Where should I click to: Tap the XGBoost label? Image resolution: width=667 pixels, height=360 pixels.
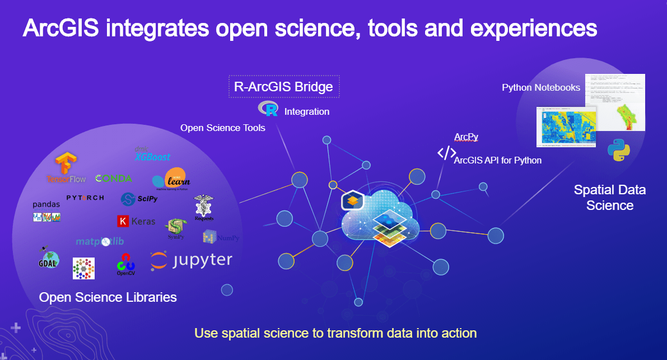click(x=152, y=156)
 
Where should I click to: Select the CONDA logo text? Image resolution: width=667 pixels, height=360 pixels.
click(x=114, y=179)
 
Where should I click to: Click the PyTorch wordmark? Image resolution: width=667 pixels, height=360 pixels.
click(x=85, y=198)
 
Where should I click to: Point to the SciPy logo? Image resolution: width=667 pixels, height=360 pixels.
click(x=139, y=199)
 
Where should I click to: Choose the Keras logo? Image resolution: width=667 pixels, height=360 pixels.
click(x=136, y=221)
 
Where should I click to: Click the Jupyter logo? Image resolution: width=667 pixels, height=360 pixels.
click(x=191, y=260)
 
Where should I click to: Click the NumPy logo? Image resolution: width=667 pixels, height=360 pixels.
click(x=221, y=237)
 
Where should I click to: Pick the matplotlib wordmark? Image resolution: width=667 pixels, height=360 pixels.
click(x=100, y=241)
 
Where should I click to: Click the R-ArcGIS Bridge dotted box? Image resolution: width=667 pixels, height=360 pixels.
click(x=284, y=87)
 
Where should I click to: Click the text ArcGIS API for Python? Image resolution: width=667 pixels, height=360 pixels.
click(x=498, y=161)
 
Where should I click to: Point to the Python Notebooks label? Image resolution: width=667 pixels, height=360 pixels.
click(x=541, y=88)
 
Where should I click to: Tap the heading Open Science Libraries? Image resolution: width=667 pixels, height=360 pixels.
click(x=108, y=297)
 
